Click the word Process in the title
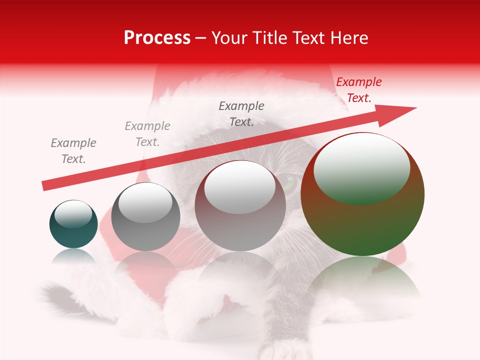pyautogui.click(x=157, y=38)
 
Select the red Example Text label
pyautogui.click(x=359, y=90)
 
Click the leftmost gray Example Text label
pyautogui.click(x=73, y=151)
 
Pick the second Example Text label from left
pyautogui.click(x=147, y=134)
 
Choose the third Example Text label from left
pyautogui.click(x=241, y=114)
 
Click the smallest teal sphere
pyautogui.click(x=73, y=232)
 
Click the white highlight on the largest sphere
pyautogui.click(x=361, y=167)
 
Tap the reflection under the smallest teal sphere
pyautogui.click(x=73, y=257)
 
